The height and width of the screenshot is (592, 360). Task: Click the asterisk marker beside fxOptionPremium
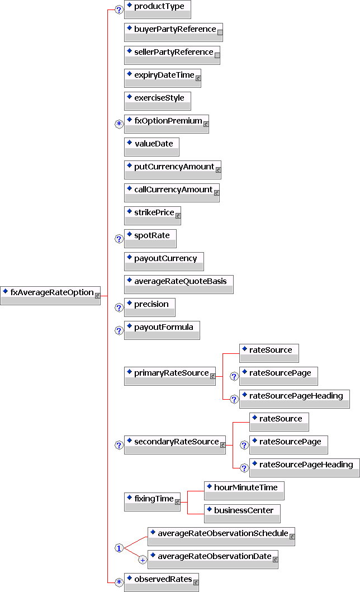point(119,124)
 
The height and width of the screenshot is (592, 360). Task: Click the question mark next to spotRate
point(119,239)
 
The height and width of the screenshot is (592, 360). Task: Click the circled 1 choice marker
point(119,548)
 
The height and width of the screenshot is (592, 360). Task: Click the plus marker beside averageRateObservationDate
point(143,559)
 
